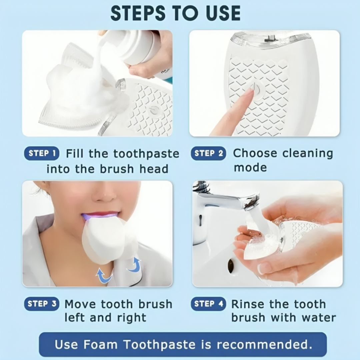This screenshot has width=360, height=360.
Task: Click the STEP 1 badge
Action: coord(42,153)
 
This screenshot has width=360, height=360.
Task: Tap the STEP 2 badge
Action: coord(208,153)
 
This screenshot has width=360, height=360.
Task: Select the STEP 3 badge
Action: coord(42,304)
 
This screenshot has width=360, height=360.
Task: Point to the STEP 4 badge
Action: coord(208,304)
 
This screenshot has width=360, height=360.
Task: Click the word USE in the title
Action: coord(223,13)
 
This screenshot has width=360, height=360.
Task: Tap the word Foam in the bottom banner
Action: coord(100,344)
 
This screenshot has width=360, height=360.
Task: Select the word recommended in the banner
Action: coord(264,344)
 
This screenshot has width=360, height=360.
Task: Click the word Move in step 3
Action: coord(80,304)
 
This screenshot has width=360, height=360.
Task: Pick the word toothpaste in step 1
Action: coord(146,154)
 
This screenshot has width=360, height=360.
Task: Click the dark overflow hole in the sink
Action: coord(231,266)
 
